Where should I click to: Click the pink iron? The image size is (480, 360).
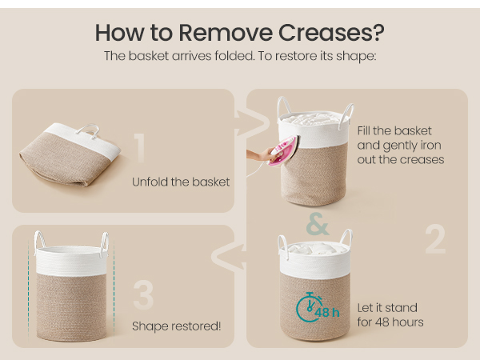click(x=283, y=150)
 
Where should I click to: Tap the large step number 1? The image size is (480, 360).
click(x=140, y=148)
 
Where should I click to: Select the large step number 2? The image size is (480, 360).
click(x=435, y=238)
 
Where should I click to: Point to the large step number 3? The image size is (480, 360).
click(x=143, y=294)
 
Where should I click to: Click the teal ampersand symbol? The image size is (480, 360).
click(x=318, y=224)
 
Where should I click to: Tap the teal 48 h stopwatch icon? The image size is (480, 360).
click(x=317, y=308)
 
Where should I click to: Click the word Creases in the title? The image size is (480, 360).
click(x=331, y=33)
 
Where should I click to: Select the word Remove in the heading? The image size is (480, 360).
click(x=226, y=33)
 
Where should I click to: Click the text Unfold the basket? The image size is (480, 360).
click(x=181, y=182)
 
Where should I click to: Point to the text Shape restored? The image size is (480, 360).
click(x=176, y=326)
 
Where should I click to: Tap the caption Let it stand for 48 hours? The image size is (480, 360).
click(x=390, y=315)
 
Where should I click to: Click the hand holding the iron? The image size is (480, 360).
click(x=260, y=155)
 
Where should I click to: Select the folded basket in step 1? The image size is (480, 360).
click(x=70, y=154)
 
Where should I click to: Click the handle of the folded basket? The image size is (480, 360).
click(x=88, y=130)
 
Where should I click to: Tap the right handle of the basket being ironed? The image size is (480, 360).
click(x=346, y=115)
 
